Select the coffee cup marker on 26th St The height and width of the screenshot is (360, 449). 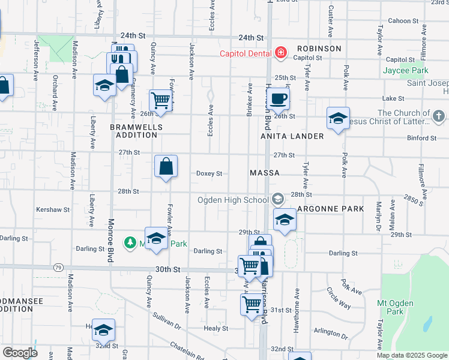point(278,99)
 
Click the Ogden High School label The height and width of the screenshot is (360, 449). point(235,200)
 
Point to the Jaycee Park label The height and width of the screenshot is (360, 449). point(406,70)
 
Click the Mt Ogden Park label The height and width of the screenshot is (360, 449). point(396,307)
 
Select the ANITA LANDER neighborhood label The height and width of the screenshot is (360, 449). point(292,136)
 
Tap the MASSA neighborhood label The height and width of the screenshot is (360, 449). point(265,173)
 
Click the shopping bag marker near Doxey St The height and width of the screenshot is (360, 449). point(166,167)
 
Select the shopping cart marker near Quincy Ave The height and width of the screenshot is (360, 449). point(161,101)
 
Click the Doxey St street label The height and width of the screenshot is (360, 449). point(209,173)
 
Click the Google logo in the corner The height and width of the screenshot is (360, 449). point(20,353)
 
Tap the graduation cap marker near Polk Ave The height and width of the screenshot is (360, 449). point(338,118)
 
